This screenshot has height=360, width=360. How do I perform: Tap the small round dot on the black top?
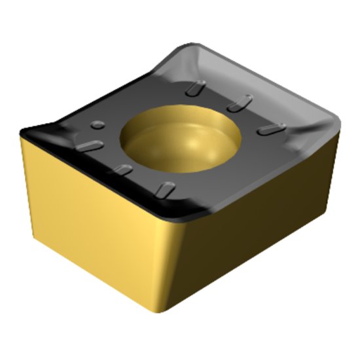click(98, 124)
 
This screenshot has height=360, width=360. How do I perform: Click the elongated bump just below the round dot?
click(90, 145)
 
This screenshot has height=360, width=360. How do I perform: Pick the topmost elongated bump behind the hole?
click(196, 88)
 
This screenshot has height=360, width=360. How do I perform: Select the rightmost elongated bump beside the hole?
click(270, 130)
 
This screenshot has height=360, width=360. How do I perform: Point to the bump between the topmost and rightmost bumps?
click(240, 103)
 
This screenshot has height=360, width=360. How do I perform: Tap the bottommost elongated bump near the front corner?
click(166, 190)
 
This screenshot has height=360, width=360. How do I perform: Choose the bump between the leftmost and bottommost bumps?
click(121, 171)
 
